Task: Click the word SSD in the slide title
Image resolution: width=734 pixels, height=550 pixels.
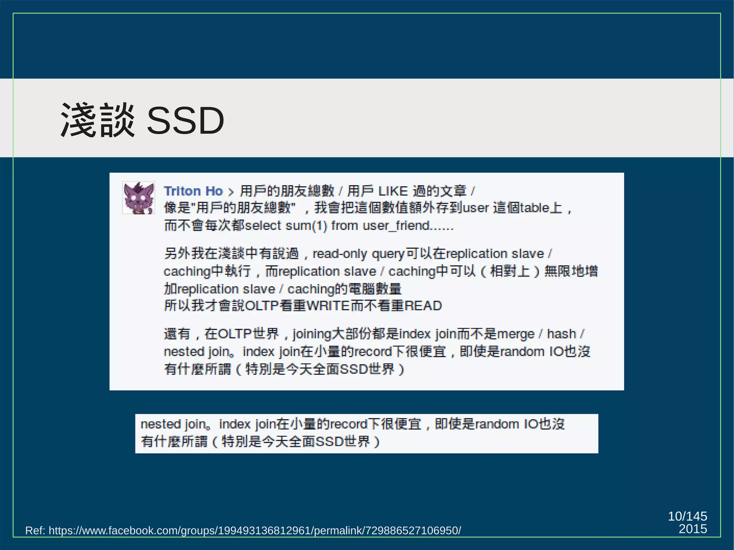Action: point(185,121)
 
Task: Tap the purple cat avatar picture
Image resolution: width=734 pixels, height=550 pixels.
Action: point(139,198)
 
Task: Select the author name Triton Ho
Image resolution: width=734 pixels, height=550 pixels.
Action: point(193,191)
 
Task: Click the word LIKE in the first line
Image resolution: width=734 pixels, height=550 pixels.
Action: point(393,191)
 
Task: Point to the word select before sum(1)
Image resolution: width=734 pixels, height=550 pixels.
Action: point(263,226)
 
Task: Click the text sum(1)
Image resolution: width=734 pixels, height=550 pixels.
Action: point(306,226)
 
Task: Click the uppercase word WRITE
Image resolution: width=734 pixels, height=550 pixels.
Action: point(328,306)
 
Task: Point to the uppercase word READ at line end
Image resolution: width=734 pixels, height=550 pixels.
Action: point(423,306)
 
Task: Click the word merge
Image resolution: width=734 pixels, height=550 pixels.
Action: point(516,334)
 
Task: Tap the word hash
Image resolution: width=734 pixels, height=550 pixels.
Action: point(561,334)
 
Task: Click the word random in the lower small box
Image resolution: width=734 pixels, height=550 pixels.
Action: point(497,424)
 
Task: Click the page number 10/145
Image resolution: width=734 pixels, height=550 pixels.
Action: point(687,516)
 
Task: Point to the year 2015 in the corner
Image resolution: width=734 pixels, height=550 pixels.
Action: point(692,529)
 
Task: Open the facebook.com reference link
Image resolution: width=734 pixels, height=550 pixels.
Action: point(254,530)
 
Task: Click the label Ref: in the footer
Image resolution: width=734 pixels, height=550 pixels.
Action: point(35,530)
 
